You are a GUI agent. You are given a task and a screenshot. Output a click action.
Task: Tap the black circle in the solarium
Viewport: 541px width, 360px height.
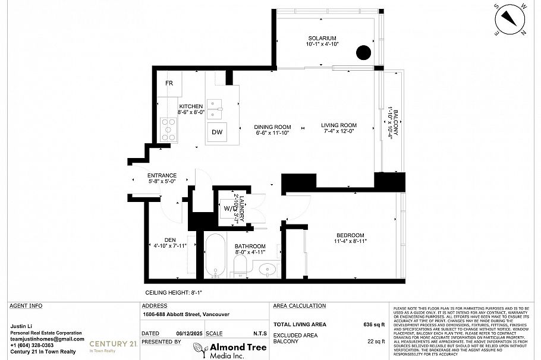363,52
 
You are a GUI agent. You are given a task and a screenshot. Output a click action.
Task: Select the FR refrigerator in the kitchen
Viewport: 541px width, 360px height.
169,83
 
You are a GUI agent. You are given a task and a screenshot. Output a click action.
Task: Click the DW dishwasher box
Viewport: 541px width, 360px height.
217,132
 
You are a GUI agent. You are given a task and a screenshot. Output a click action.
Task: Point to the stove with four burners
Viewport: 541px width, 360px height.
168,130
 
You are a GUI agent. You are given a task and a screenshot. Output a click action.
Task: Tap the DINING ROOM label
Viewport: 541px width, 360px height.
272,127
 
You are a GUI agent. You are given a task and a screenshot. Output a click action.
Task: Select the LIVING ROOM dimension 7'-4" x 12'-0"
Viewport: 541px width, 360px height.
338,132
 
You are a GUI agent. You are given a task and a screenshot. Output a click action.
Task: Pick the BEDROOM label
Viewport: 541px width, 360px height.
349,235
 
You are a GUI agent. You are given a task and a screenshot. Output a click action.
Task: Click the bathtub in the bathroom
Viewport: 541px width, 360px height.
215,255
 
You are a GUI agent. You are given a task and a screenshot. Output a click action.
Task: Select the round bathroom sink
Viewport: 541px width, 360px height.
268,269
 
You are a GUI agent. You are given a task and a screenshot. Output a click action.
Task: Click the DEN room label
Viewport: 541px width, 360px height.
170,239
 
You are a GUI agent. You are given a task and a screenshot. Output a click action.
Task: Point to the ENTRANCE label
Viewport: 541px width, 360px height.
162,175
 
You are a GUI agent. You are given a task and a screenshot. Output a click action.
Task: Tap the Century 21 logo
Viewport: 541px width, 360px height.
113,345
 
